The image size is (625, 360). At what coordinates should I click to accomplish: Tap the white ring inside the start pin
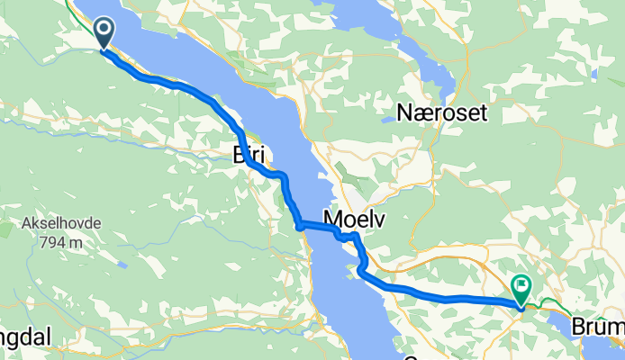tap(104, 31)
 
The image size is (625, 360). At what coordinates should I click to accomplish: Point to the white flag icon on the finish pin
tap(521, 286)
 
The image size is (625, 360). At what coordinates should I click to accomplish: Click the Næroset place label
tap(441, 114)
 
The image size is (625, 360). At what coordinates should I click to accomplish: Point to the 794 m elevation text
tap(60, 242)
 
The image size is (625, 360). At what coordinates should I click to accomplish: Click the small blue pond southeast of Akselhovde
tap(120, 265)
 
